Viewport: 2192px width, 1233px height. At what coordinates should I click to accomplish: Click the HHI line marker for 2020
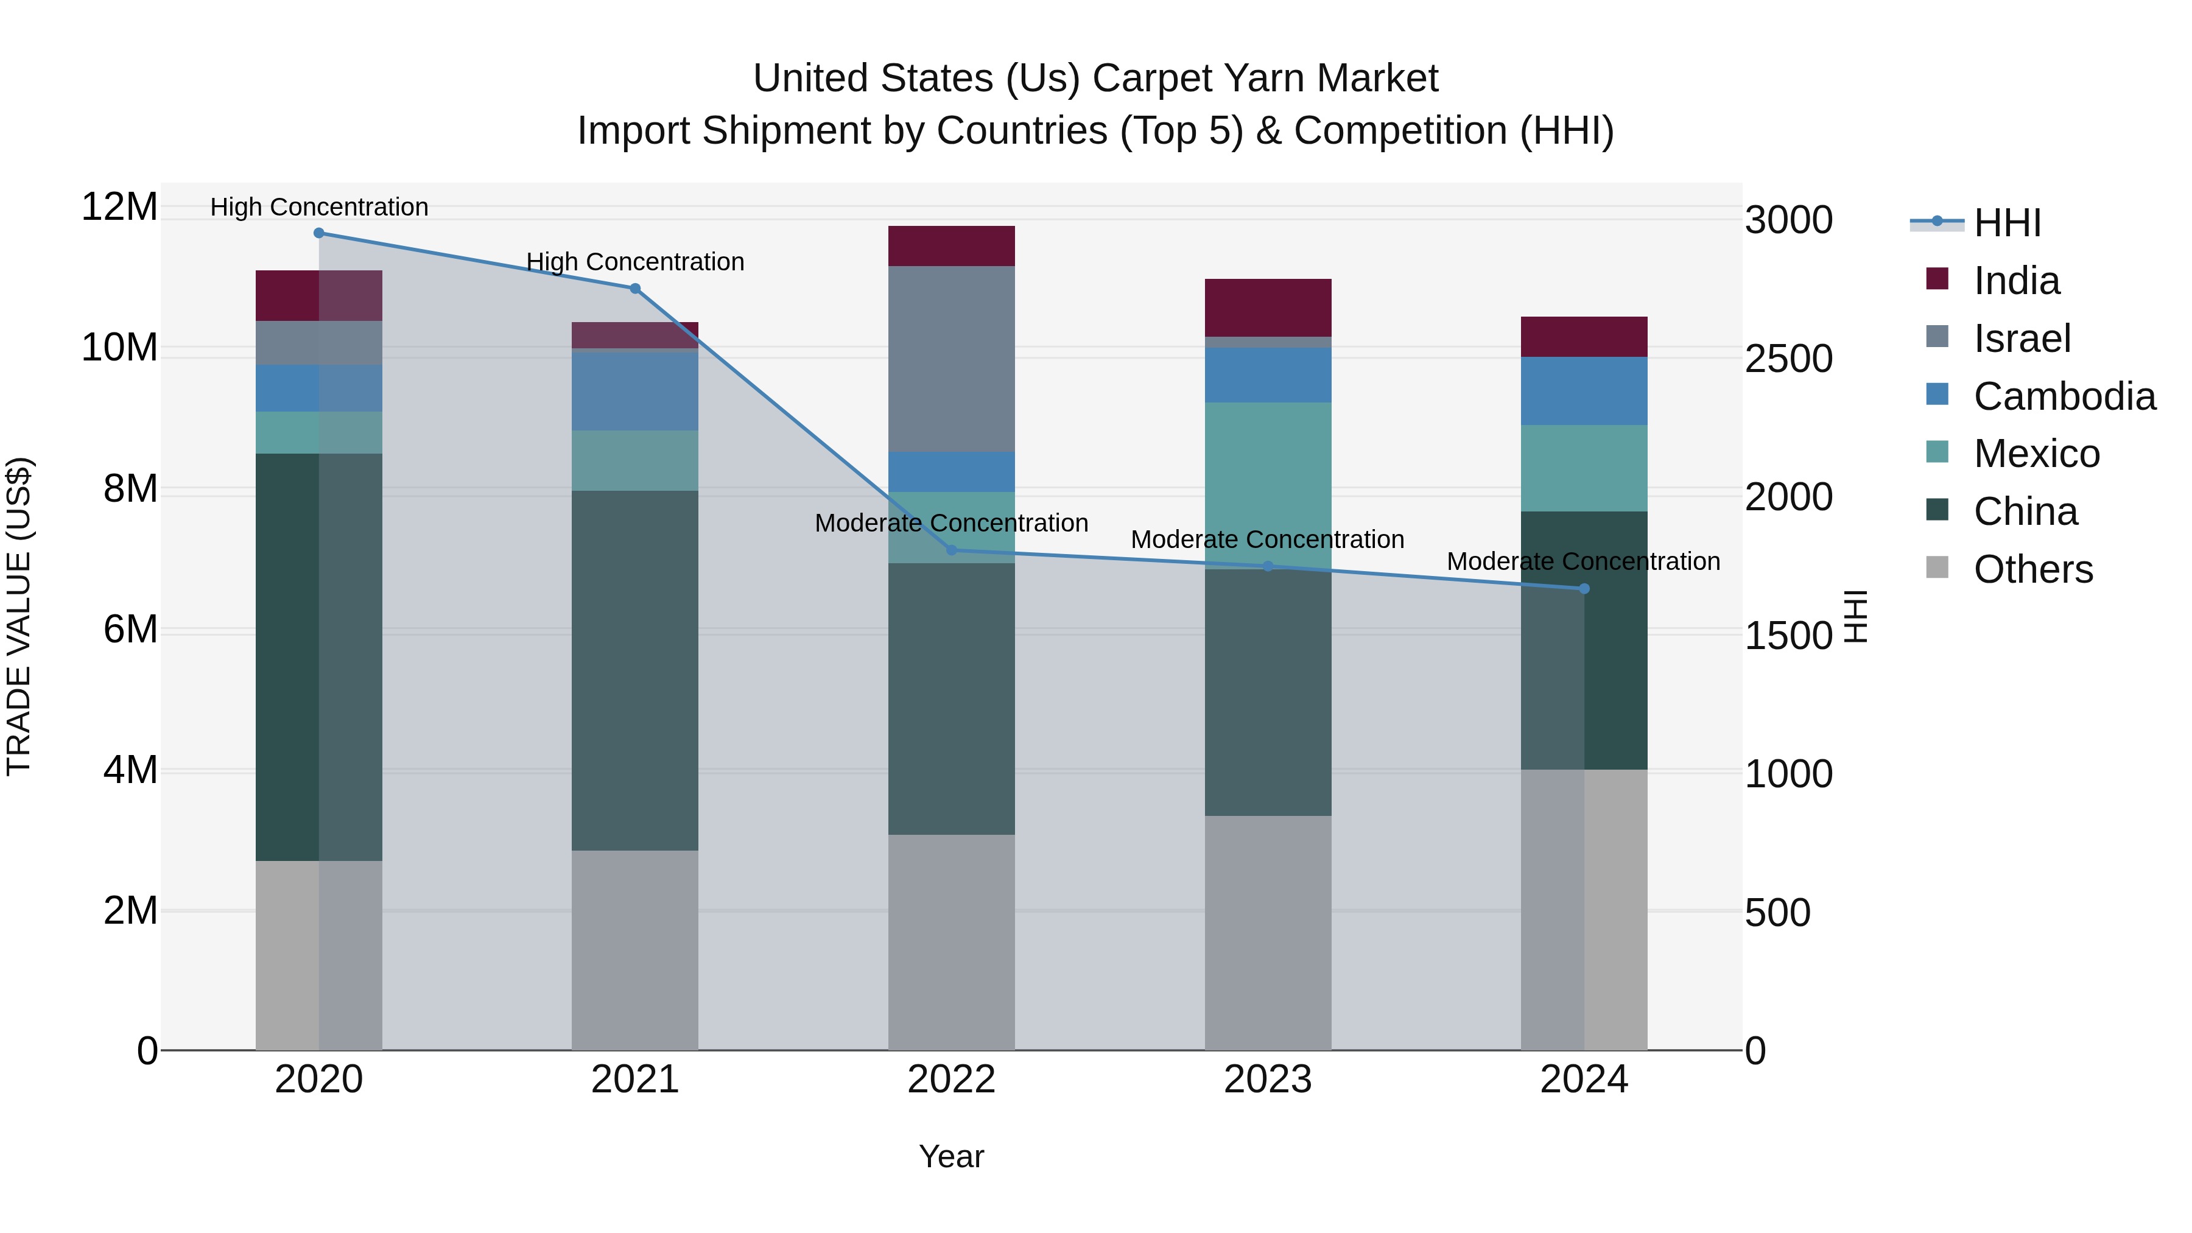pos(319,233)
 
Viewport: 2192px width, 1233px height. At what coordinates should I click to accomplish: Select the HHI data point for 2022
pos(951,550)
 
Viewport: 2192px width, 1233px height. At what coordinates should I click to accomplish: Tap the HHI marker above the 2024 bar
pos(1584,589)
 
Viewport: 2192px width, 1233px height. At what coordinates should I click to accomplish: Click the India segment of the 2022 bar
pos(951,246)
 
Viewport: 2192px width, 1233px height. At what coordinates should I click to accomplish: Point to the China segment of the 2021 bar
pos(635,670)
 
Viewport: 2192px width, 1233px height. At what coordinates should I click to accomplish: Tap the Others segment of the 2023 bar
pos(1268,933)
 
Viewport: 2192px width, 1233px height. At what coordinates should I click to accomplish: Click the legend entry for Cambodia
pos(2064,396)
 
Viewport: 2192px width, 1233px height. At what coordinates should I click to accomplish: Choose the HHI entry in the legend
pos(2006,223)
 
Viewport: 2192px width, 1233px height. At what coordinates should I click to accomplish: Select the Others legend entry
pos(2032,569)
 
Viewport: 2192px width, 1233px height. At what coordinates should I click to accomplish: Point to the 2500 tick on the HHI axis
pos(1788,359)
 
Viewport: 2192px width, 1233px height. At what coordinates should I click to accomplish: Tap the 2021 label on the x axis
pos(635,1080)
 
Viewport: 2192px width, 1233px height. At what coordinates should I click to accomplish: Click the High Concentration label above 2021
pos(635,262)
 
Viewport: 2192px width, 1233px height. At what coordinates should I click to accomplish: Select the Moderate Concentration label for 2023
pos(1267,539)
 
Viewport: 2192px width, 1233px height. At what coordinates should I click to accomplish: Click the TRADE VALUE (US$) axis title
pos(19,616)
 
